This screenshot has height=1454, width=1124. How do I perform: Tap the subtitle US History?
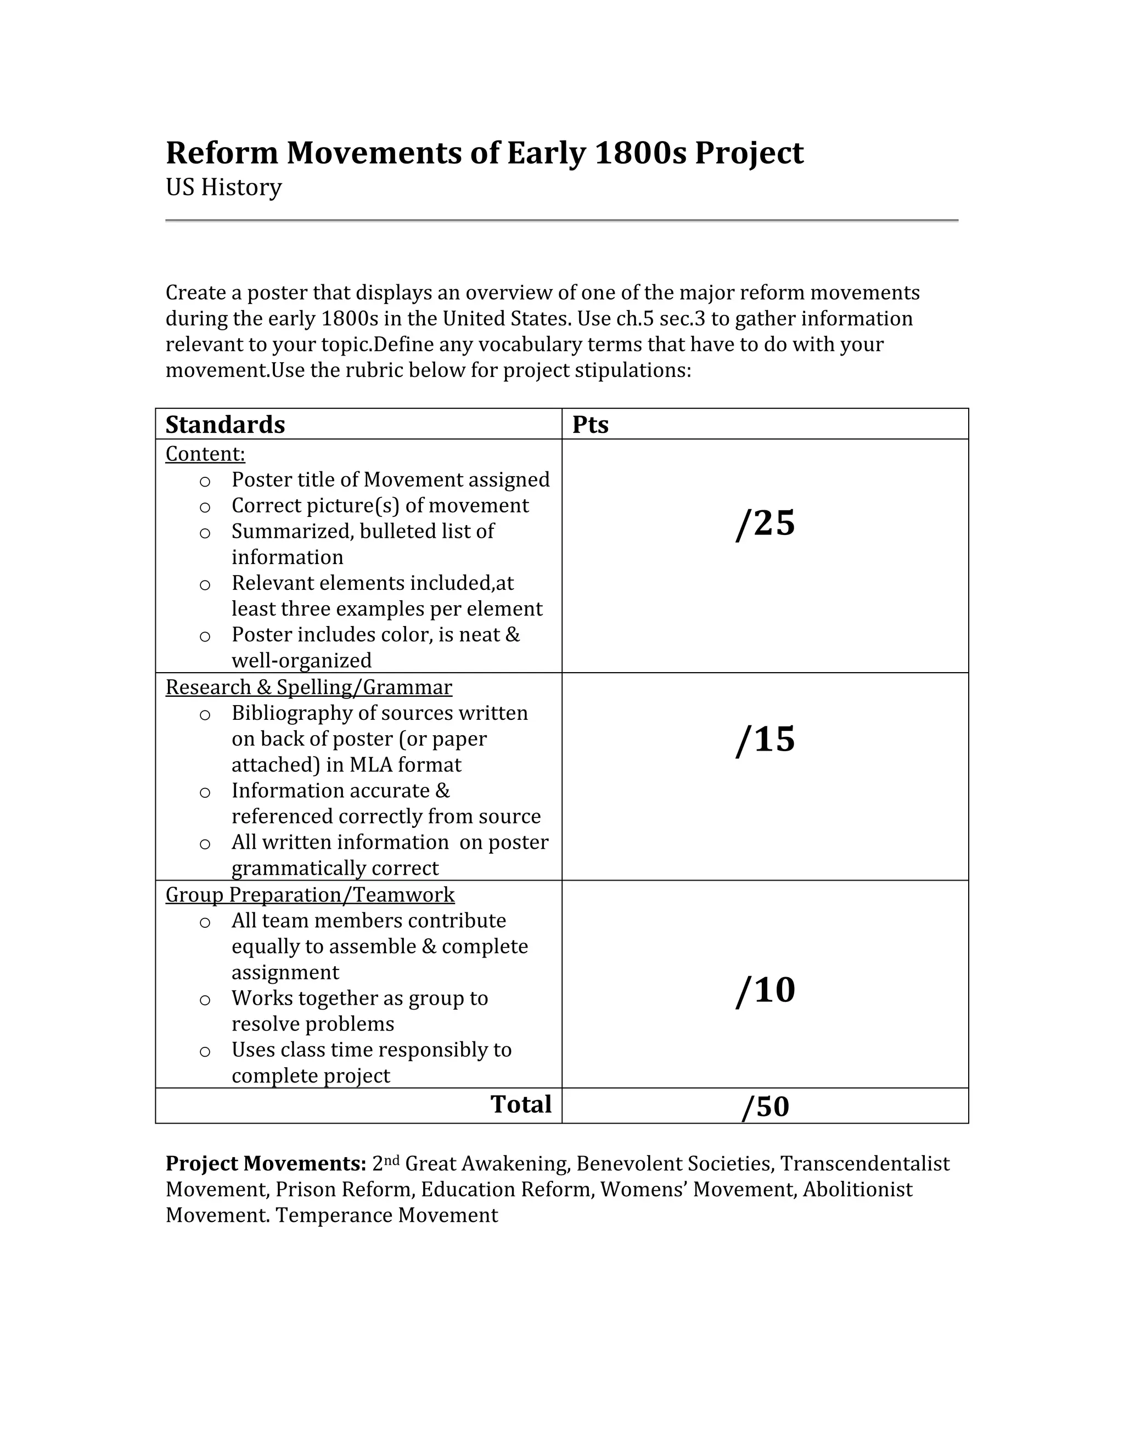tap(224, 187)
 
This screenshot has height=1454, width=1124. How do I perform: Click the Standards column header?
tap(225, 425)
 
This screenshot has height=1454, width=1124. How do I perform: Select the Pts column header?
tap(590, 425)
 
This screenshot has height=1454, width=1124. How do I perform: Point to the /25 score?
tap(765, 523)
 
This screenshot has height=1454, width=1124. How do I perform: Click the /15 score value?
tap(765, 740)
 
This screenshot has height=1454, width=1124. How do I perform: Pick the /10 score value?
tap(765, 990)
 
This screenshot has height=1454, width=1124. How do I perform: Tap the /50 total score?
tap(765, 1107)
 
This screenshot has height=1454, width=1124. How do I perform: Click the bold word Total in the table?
tap(521, 1104)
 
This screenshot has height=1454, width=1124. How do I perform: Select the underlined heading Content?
tap(205, 454)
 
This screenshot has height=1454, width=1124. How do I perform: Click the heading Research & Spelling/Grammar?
tap(309, 687)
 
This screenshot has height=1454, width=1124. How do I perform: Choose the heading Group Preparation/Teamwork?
tap(310, 895)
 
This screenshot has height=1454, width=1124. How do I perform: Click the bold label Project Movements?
tap(266, 1163)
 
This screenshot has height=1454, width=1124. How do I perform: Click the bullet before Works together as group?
tap(205, 999)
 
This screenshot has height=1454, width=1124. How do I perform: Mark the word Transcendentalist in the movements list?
tap(864, 1163)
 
